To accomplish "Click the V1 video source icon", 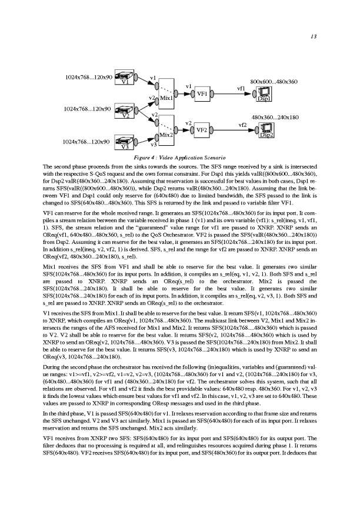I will [x=124, y=79].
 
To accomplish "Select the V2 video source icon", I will [x=125, y=112].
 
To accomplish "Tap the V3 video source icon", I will [x=124, y=144].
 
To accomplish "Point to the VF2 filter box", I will [x=202, y=129].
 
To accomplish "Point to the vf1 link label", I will [x=241, y=88].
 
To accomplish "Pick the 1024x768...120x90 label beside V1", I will [x=85, y=77].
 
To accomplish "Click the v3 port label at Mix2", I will [x=154, y=144].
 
